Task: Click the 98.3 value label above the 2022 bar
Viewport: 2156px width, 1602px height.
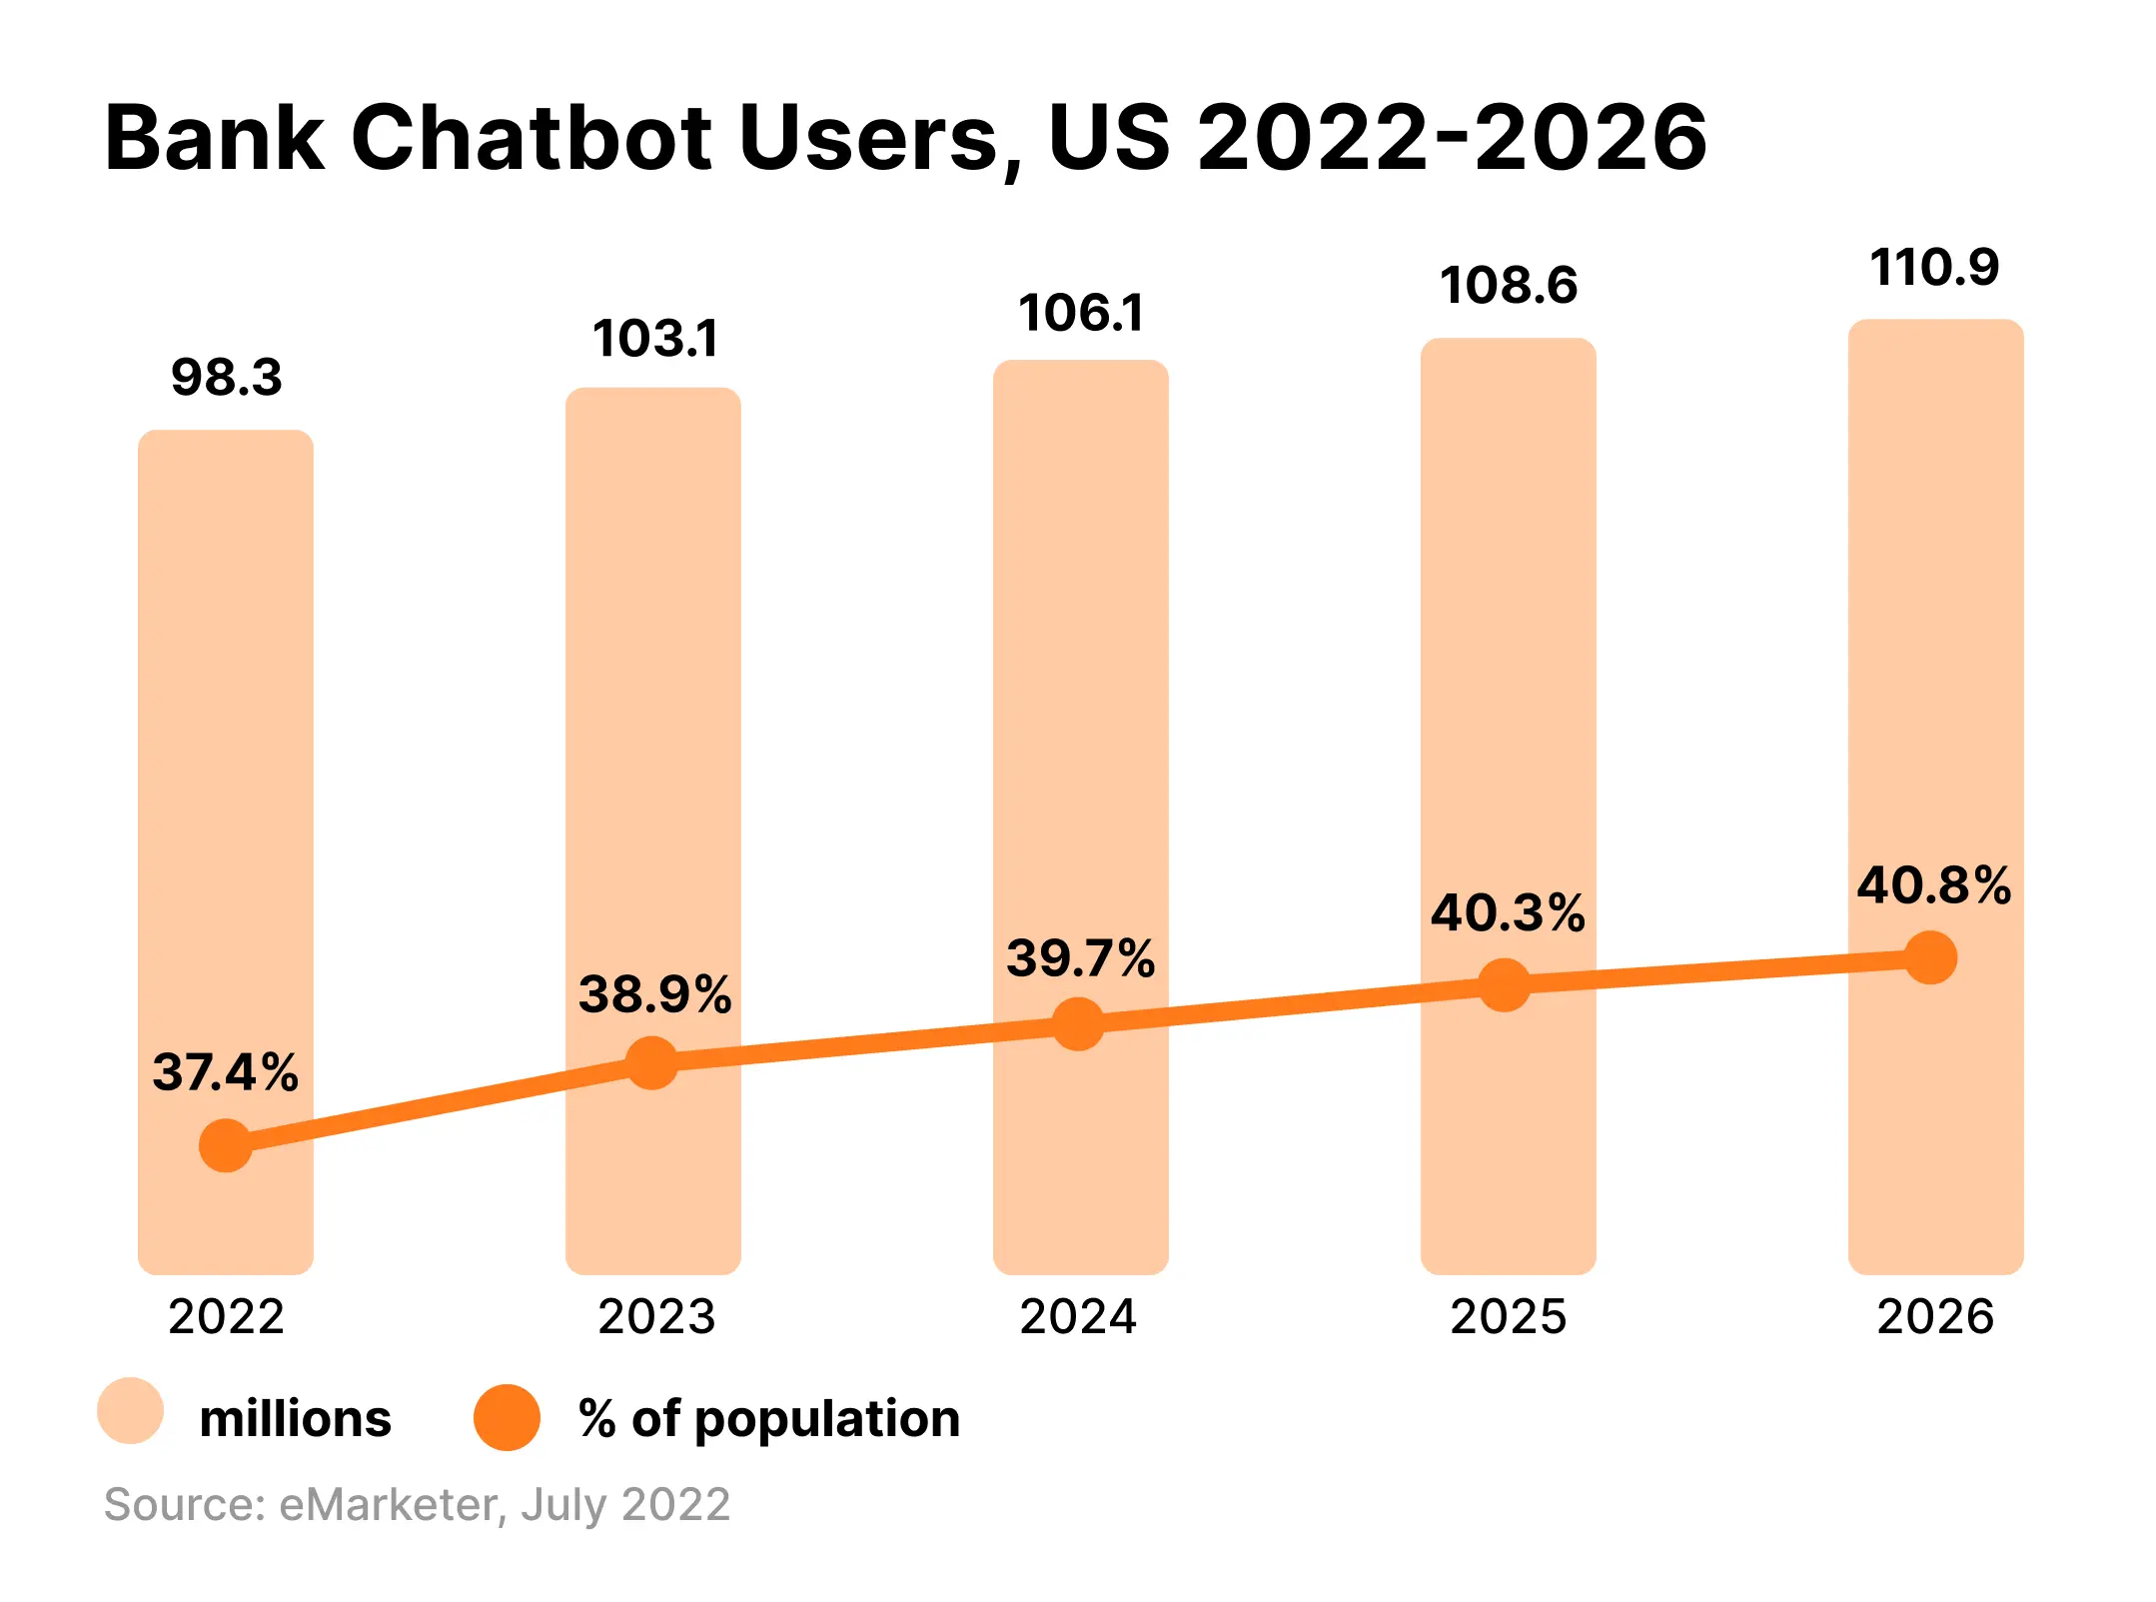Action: tap(227, 378)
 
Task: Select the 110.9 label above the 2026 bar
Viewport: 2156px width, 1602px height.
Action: tap(1934, 268)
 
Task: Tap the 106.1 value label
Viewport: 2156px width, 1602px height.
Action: tap(1081, 314)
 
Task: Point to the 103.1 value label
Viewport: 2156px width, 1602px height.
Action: tap(655, 339)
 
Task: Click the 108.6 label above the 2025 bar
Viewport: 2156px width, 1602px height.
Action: tap(1509, 286)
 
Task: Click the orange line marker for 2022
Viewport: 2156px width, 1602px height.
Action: tap(226, 1145)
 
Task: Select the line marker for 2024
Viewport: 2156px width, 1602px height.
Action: tap(1079, 1023)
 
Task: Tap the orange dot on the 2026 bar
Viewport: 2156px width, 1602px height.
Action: tap(1931, 957)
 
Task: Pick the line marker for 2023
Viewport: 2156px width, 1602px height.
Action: tap(652, 1061)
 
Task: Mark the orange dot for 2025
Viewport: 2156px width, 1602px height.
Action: tap(1504, 985)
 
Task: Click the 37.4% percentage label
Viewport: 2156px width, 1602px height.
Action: tap(225, 1072)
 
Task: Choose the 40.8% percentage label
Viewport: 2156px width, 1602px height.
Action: tap(1934, 885)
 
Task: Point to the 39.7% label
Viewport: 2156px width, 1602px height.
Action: tap(1081, 958)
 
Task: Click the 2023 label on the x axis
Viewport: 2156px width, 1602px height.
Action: tap(656, 1316)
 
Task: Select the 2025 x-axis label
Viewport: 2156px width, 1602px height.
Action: tap(1509, 1316)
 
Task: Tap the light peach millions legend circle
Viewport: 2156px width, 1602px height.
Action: tap(130, 1411)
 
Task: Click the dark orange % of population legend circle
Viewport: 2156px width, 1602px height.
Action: tap(507, 1417)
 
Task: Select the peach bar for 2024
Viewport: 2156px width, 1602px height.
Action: tap(1081, 700)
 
